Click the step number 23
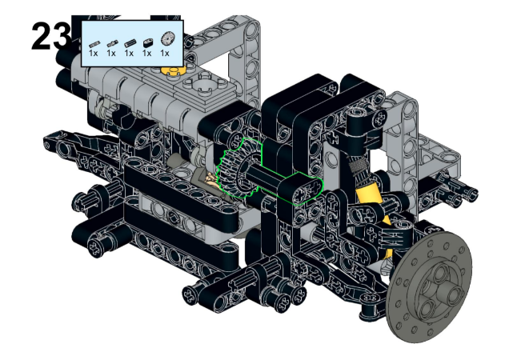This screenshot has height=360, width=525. pyautogui.click(x=51, y=37)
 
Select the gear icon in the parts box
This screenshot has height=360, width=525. pyautogui.click(x=168, y=38)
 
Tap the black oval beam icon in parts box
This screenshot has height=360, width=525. pyautogui.click(x=147, y=43)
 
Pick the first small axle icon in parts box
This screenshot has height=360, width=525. pyautogui.click(x=94, y=44)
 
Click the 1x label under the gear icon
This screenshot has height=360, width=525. pyautogui.click(x=165, y=53)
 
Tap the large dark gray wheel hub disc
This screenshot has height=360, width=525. pyautogui.click(x=429, y=286)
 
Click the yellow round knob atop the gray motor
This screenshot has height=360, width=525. pyautogui.click(x=173, y=70)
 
